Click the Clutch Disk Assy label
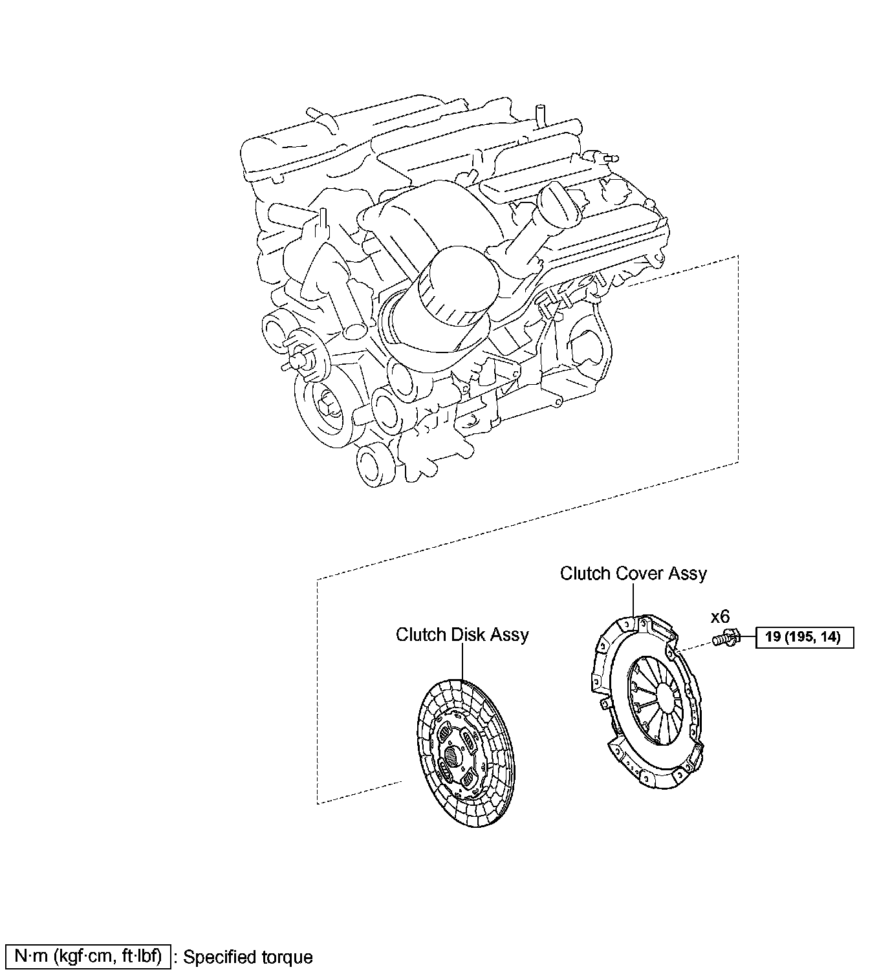coord(462,634)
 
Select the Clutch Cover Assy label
coord(633,574)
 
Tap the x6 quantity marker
coord(720,617)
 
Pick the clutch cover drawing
coord(649,702)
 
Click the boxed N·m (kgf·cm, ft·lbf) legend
coord(88,956)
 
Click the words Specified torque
coord(248,957)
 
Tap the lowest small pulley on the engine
coord(373,465)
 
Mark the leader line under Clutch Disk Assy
coord(462,661)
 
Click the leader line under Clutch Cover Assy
coord(633,600)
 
